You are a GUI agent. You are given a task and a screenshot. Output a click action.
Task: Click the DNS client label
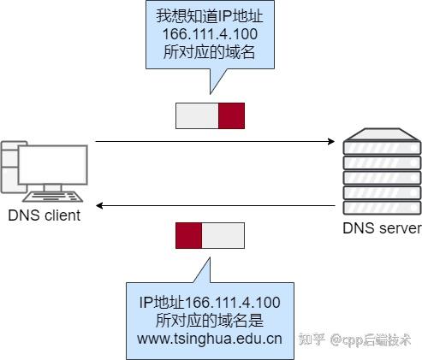45,215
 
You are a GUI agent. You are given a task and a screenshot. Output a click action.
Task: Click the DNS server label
382,228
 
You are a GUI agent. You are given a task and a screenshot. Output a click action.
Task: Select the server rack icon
382,171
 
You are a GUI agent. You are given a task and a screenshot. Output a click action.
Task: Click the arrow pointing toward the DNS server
214,141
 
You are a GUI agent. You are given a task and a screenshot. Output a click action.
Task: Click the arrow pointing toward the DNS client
214,206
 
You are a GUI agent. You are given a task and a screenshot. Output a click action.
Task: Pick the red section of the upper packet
231,115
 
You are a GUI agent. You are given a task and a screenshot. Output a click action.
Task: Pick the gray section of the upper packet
197,115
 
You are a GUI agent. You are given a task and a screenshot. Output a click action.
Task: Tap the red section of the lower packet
188,235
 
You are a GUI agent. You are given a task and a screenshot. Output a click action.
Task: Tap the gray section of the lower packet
223,235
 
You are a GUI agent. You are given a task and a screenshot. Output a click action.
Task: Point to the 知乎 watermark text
312,340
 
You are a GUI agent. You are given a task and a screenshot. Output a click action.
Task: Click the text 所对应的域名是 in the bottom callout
210,320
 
